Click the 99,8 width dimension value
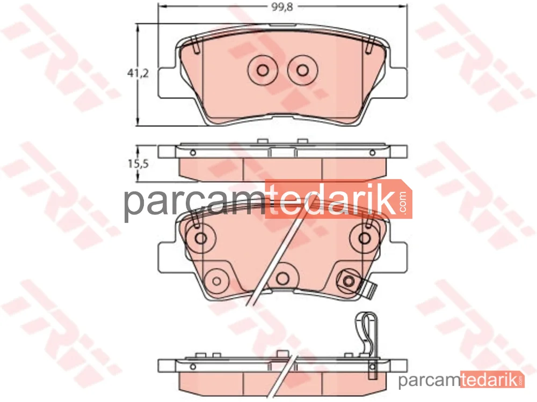[x=282, y=7]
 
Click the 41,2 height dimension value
[x=138, y=73]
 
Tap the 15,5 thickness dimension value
[x=138, y=163]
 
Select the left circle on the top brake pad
[x=263, y=70]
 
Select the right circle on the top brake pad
[x=303, y=70]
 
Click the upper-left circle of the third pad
[x=200, y=238]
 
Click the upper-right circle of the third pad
[x=365, y=238]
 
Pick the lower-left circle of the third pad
[x=216, y=281]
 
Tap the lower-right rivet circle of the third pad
[x=349, y=281]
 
